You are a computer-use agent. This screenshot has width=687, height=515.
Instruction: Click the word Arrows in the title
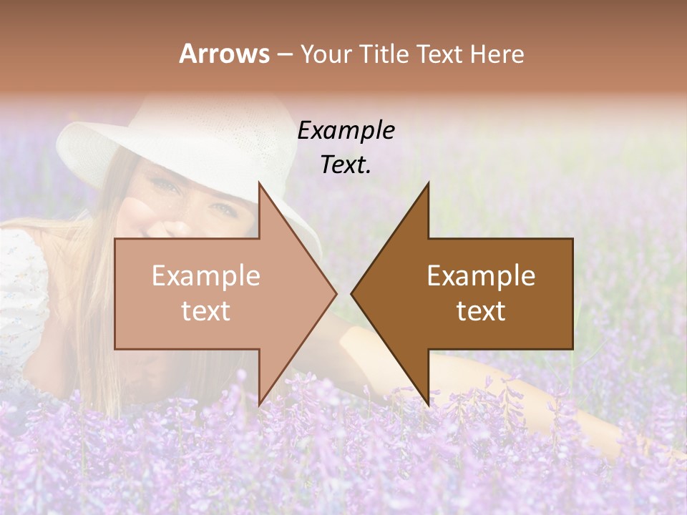point(224,54)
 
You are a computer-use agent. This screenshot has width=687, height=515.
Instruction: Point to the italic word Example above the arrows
point(346,131)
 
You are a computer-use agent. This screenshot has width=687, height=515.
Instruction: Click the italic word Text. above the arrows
point(346,165)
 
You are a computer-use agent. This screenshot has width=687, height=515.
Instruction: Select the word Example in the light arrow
point(206,276)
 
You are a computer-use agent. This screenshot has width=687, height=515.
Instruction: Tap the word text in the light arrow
point(206,311)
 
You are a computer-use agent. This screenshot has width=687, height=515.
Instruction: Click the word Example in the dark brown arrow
point(481,276)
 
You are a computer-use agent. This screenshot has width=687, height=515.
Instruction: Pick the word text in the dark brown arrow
point(481,311)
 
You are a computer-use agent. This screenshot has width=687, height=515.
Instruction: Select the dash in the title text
point(284,54)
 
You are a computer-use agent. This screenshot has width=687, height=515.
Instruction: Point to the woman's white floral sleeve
point(21,286)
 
